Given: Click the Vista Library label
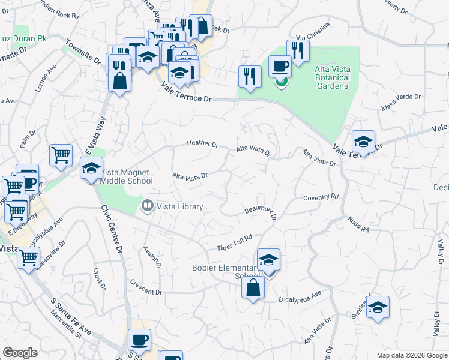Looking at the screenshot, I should pyautogui.click(x=179, y=206).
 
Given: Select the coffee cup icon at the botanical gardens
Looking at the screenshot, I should pyautogui.click(x=280, y=65).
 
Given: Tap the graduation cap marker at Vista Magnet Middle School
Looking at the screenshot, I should pyautogui.click(x=92, y=169).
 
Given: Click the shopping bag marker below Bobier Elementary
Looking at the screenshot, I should pyautogui.click(x=253, y=287).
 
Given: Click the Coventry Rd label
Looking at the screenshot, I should pyautogui.click(x=321, y=197).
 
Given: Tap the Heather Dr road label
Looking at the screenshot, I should pyautogui.click(x=202, y=144).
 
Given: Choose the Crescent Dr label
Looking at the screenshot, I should pyautogui.click(x=146, y=288).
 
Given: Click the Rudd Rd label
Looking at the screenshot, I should pyautogui.click(x=358, y=224).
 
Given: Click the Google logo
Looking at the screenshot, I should pyautogui.click(x=20, y=353).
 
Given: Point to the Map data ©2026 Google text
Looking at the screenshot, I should pyautogui.click(x=412, y=355).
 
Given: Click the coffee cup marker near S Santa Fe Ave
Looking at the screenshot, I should pyautogui.click(x=140, y=340).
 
